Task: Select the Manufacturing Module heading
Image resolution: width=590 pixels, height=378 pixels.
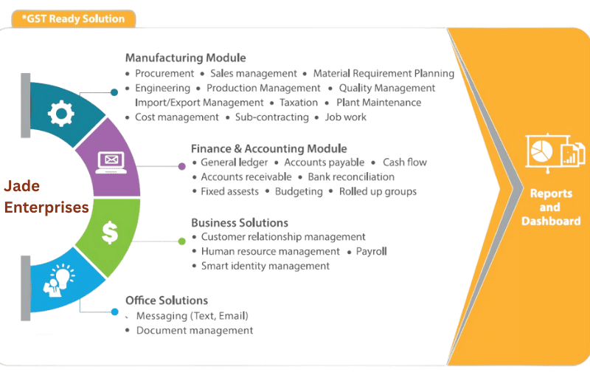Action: pyautogui.click(x=185, y=58)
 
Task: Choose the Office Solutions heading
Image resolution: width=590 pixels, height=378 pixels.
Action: pyautogui.click(x=166, y=300)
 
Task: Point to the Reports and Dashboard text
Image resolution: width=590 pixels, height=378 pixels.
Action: pyautogui.click(x=549, y=207)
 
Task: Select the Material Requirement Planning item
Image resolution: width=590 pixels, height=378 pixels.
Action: pyautogui.click(x=383, y=73)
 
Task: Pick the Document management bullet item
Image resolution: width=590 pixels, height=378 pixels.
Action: pyautogui.click(x=194, y=331)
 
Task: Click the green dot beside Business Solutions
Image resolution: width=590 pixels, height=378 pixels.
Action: pyautogui.click(x=182, y=240)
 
